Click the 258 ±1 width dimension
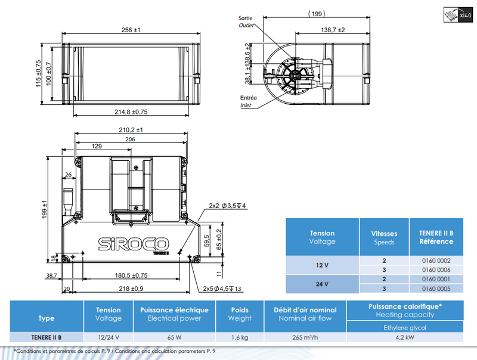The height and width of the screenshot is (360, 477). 131,30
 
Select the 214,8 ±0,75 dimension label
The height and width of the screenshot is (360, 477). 131,112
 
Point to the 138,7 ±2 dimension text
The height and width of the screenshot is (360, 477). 333,30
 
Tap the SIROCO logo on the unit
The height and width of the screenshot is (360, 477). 133,244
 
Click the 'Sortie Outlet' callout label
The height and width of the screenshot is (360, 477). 246,21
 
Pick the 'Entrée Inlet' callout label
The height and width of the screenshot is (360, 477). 248,101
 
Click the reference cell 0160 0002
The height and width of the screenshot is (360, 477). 436,260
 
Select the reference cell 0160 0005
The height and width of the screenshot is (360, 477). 436,288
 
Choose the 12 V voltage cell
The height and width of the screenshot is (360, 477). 322,265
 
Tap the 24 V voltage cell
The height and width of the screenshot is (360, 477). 322,284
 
